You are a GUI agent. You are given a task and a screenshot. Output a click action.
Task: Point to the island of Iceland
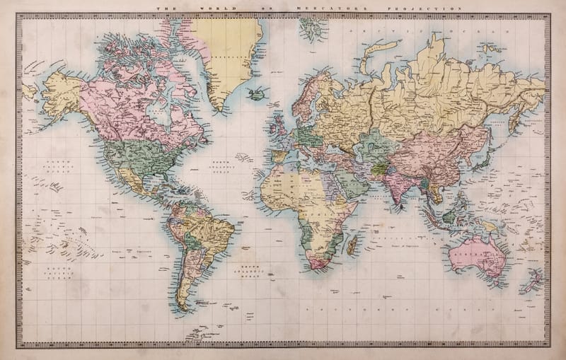pos(257,93)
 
